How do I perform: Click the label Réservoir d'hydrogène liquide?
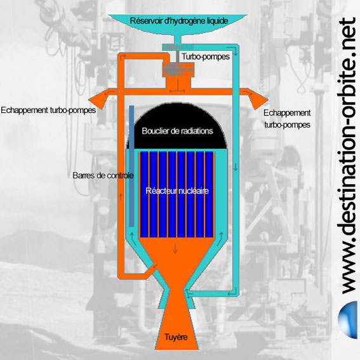pos(179,21)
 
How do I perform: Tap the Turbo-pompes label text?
pos(206,57)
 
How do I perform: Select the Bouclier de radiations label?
pos(177,131)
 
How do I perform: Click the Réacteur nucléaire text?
pos(177,190)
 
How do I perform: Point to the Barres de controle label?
pos(103,176)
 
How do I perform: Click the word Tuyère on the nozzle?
pos(176,337)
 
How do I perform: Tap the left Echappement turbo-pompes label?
pos(48,110)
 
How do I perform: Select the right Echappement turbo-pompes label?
pos(287,119)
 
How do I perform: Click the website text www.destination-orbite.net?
pos(347,156)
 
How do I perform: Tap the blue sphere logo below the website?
pos(348,320)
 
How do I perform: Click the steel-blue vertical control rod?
pos(131,166)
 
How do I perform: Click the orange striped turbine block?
pos(178,70)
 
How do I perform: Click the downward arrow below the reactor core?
pos(175,249)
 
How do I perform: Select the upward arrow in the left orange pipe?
pos(121,197)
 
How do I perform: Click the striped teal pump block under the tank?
pos(178,47)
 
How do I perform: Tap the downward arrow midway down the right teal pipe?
pos(235,167)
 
